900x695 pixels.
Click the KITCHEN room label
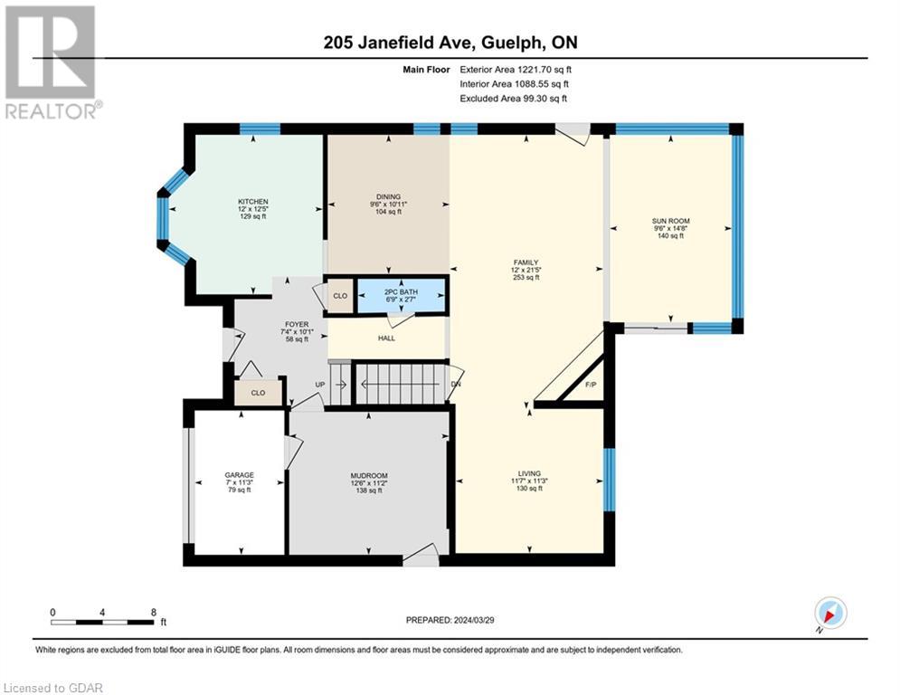point(252,202)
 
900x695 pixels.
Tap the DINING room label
point(388,195)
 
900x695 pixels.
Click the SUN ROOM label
point(670,221)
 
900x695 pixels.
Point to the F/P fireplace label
point(591,385)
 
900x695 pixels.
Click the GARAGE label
point(240,475)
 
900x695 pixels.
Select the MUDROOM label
point(369,476)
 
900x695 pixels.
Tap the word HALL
point(386,338)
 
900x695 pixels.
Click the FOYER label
point(296,324)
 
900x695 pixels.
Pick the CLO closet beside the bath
point(340,296)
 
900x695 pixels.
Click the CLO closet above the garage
point(258,393)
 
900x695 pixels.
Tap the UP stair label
point(319,385)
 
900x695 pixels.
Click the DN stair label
point(456,383)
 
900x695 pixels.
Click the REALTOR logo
point(51,62)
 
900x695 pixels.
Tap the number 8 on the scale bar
point(153,613)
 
